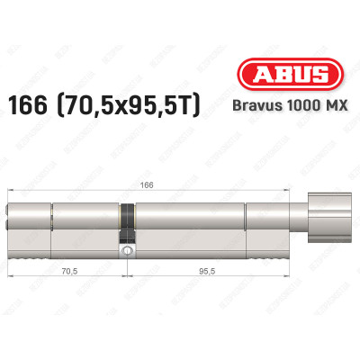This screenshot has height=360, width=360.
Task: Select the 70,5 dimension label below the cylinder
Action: [x=67, y=267]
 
